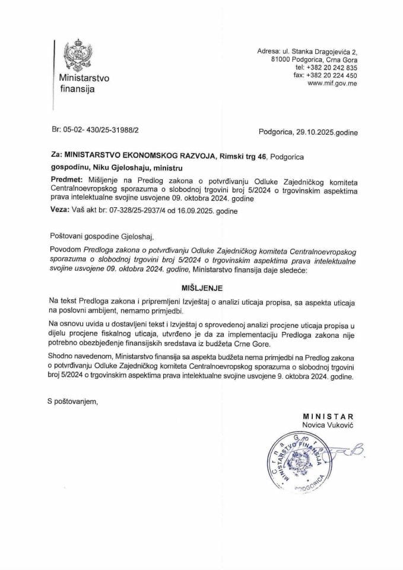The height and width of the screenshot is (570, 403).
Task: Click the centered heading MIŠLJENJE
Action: pos(202,287)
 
